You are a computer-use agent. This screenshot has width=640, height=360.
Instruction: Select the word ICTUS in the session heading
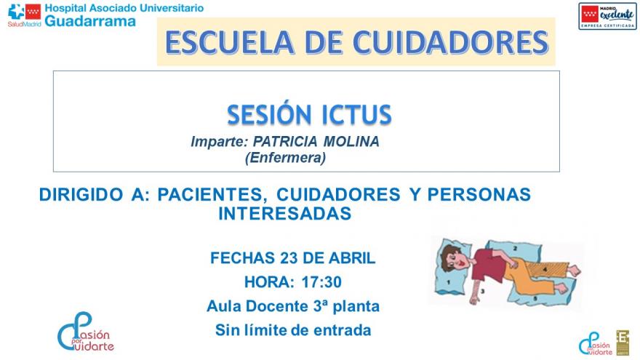click(x=356, y=115)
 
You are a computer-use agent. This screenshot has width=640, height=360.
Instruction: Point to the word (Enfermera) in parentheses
click(x=285, y=156)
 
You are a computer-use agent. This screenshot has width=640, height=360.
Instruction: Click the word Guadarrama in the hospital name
click(x=90, y=21)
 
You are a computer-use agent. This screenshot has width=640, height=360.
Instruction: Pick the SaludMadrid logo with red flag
click(x=24, y=14)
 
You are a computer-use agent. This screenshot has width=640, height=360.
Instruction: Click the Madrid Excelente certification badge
click(x=607, y=16)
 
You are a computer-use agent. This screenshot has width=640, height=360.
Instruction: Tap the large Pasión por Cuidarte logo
click(x=85, y=332)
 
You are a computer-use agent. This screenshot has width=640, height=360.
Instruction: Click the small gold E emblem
click(x=623, y=342)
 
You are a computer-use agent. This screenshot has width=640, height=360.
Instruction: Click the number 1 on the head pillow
click(x=449, y=278)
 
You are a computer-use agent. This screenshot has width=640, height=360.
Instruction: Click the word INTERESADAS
click(x=285, y=213)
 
